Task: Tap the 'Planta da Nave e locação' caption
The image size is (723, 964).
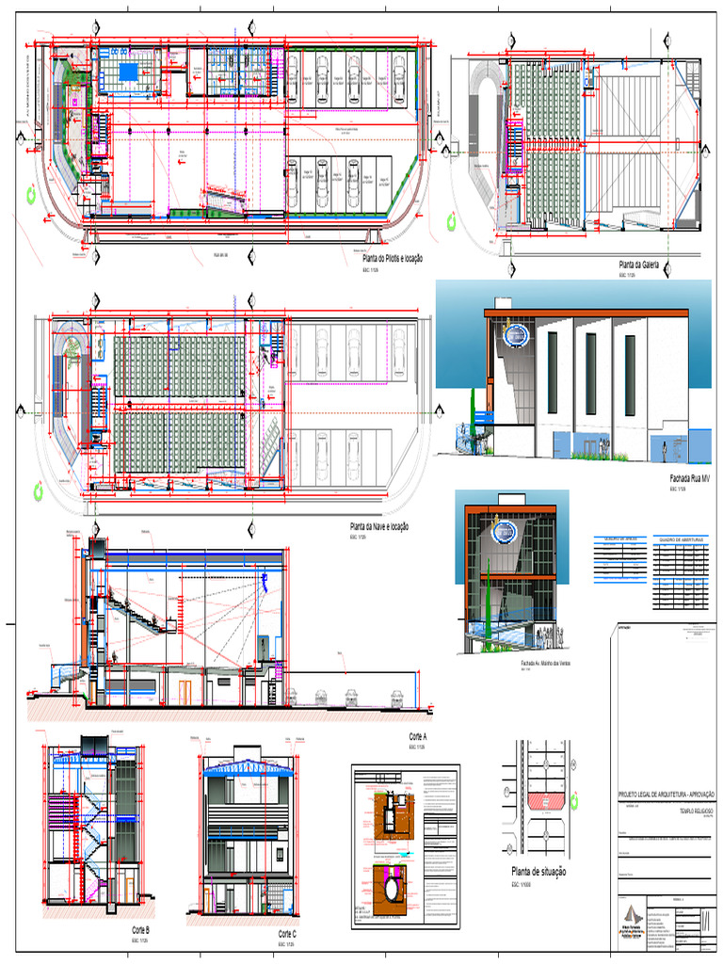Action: pyautogui.click(x=379, y=527)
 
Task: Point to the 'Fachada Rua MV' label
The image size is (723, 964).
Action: pyautogui.click(x=690, y=479)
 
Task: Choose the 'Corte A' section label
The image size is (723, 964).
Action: pyautogui.click(x=418, y=736)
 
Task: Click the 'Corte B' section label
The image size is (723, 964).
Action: pyautogui.click(x=141, y=930)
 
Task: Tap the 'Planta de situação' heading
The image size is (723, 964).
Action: pyautogui.click(x=538, y=873)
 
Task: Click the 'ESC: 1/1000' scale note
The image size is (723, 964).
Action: pyautogui.click(x=522, y=886)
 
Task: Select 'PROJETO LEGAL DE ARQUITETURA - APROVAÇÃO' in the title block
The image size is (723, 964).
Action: pyautogui.click(x=666, y=795)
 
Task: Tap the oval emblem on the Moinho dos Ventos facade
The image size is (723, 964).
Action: pyautogui.click(x=506, y=534)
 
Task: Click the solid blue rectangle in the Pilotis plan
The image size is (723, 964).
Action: pyautogui.click(x=126, y=72)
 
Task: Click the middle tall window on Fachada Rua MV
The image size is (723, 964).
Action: pyautogui.click(x=590, y=361)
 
